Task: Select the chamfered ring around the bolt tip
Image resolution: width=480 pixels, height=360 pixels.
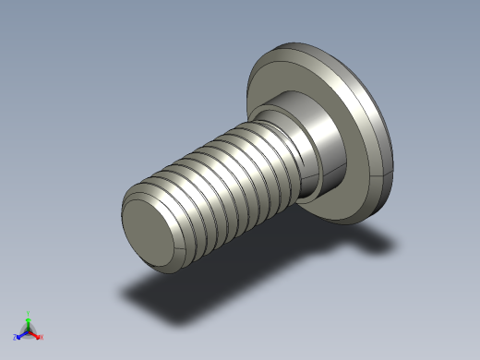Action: [x=129, y=209]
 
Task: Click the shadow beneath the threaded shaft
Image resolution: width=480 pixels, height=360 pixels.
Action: [x=185, y=300]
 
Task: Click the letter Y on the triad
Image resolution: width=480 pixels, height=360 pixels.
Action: [x=29, y=313]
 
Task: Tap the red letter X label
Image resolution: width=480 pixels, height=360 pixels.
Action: [x=42, y=337]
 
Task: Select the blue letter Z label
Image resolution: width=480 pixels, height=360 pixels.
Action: [x=16, y=338]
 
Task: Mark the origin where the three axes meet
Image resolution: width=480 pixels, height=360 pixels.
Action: [x=28, y=331]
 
